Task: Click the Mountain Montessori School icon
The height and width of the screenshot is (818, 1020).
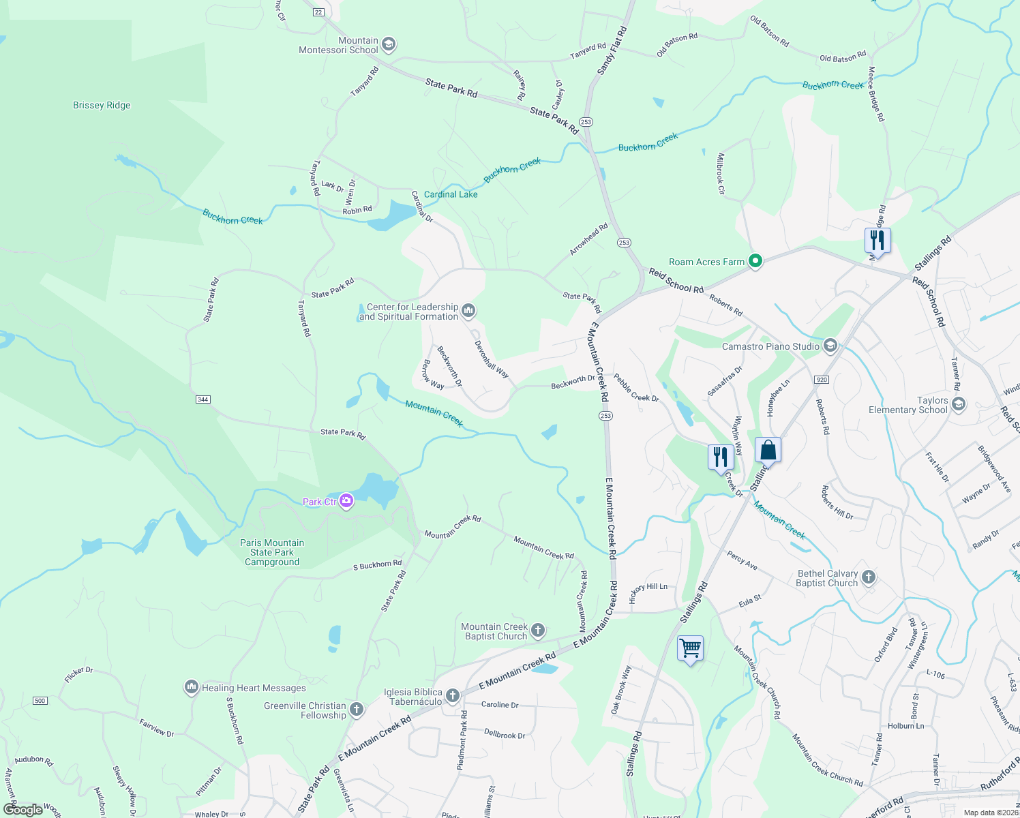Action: pos(388,45)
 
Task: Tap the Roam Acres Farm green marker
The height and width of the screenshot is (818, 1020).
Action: pos(755,261)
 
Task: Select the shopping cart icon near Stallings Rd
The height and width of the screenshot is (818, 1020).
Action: pos(690,648)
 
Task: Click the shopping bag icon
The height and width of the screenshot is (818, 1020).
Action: pos(768,451)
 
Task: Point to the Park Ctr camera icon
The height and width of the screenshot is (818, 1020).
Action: pos(346,502)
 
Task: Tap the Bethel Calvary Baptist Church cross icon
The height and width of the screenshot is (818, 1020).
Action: pos(868,578)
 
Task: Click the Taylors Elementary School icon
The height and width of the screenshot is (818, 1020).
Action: pos(958,405)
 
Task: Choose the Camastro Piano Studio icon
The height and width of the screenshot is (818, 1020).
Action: pos(830,346)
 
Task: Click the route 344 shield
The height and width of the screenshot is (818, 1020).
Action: pos(202,399)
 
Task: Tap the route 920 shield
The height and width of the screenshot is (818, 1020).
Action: pos(821,380)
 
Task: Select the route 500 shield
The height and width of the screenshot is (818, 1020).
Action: pos(40,701)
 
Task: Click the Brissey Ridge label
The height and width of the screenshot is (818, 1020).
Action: pos(102,105)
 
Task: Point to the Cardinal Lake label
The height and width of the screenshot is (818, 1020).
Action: pos(451,194)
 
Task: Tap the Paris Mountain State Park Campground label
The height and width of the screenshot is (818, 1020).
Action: pos(272,552)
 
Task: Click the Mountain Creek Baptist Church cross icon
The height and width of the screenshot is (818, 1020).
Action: pos(538,631)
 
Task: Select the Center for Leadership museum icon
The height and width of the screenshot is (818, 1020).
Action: pos(468,312)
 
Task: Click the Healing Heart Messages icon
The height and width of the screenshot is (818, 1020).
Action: pos(192,687)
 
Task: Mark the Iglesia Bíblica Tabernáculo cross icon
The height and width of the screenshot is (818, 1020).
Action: pos(452,696)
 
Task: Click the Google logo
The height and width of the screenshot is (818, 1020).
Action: pos(22,810)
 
